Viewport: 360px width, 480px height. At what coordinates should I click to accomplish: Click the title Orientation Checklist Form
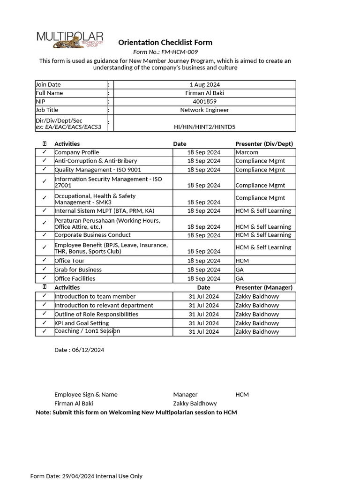(x=165, y=43)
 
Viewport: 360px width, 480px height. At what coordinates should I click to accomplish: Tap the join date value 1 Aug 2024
(x=204, y=84)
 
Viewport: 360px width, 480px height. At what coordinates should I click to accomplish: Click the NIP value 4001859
(x=204, y=101)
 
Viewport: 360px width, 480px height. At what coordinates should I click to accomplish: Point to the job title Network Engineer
(x=204, y=110)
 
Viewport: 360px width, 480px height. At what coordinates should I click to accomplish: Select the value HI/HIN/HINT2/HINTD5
(x=204, y=127)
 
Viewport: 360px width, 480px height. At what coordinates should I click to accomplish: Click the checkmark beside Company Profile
(x=44, y=152)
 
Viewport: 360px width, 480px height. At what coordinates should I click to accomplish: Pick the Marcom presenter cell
(x=247, y=152)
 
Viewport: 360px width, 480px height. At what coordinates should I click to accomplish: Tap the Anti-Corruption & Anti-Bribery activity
(x=96, y=161)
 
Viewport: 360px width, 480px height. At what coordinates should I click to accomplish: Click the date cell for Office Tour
(x=203, y=261)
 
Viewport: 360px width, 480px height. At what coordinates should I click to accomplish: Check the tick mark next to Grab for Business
(x=44, y=269)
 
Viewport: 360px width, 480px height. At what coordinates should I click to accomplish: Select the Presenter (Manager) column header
(x=264, y=287)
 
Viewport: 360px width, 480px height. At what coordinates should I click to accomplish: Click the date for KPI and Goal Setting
(x=203, y=323)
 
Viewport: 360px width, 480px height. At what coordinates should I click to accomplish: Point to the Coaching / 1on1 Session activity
(x=87, y=331)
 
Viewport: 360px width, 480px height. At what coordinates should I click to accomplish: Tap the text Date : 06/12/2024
(x=79, y=350)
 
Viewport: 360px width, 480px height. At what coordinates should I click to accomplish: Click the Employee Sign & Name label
(x=86, y=395)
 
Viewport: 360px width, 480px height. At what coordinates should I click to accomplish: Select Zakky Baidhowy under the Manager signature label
(x=195, y=404)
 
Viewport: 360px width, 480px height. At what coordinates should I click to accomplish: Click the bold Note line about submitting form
(x=136, y=412)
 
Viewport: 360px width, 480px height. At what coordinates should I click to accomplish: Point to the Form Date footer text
(x=86, y=476)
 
